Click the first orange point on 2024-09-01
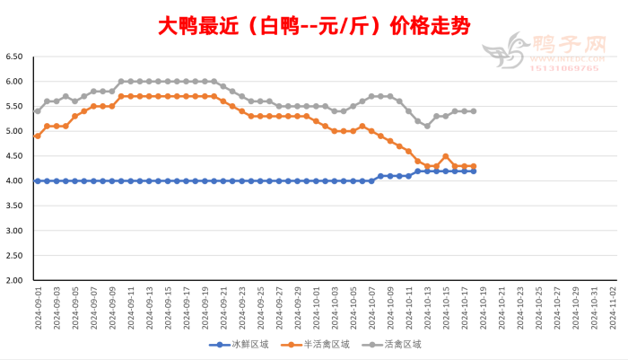click(38, 136)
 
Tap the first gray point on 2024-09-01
click(38, 111)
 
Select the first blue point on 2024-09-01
click(38, 180)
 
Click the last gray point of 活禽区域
click(473, 111)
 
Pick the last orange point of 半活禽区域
click(473, 166)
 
